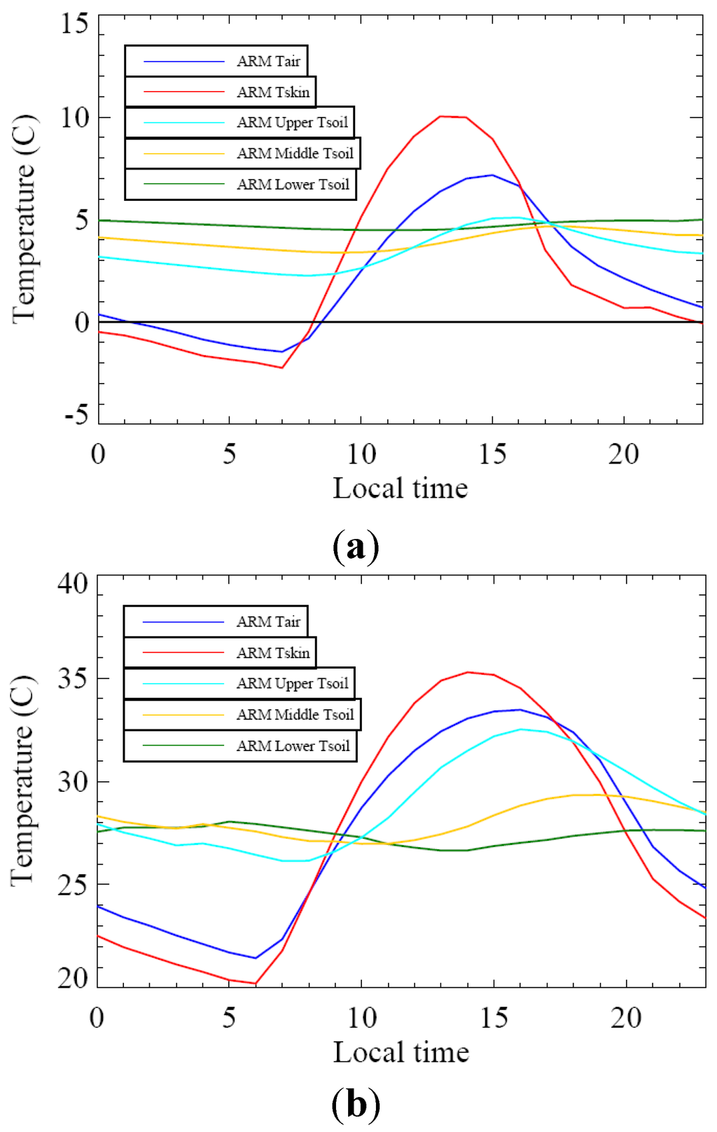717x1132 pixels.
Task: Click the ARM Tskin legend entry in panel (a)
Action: (221, 92)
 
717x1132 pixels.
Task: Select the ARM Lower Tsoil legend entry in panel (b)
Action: (239, 746)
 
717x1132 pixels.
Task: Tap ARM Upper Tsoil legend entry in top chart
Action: (239, 123)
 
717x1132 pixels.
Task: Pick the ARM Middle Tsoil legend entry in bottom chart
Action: (242, 715)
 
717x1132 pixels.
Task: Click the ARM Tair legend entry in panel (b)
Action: (216, 622)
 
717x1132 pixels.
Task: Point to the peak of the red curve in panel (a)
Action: (440, 116)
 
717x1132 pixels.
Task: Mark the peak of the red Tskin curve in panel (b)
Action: (468, 672)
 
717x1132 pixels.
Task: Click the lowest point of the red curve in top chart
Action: (281, 368)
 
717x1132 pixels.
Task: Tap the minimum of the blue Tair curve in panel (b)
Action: (256, 958)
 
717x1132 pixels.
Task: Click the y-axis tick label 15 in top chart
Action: (75, 24)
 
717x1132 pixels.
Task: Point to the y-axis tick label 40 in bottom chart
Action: (74, 583)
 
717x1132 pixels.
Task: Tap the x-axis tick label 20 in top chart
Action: (623, 454)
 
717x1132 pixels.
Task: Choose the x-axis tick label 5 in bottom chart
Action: (229, 1017)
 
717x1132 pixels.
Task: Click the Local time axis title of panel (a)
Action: (400, 489)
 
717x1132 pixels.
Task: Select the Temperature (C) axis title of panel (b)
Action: (23, 781)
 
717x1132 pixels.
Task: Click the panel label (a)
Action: (356, 547)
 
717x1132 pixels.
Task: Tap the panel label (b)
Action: (356, 1104)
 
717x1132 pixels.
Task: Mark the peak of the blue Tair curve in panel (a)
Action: (492, 175)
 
